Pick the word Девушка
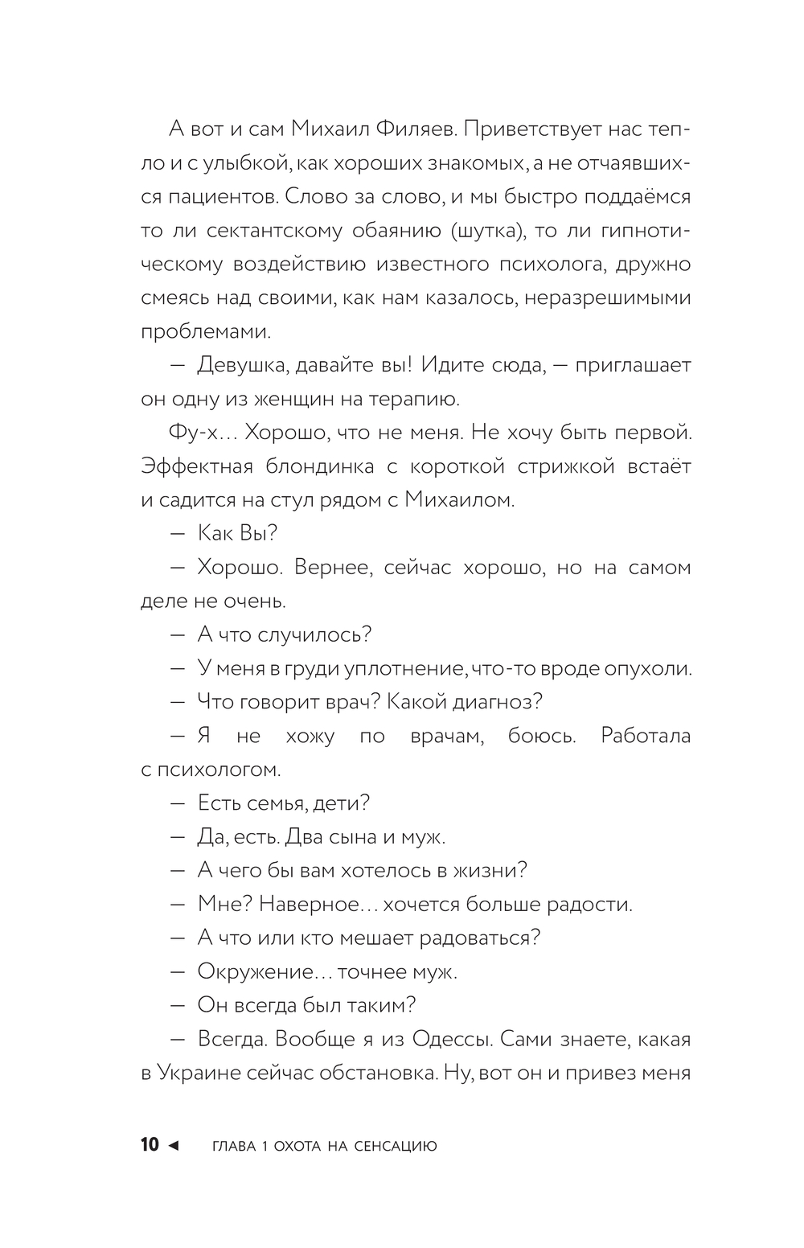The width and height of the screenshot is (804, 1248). click(242, 366)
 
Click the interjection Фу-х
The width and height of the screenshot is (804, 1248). click(191, 433)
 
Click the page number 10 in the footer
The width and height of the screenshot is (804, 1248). click(150, 1145)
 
